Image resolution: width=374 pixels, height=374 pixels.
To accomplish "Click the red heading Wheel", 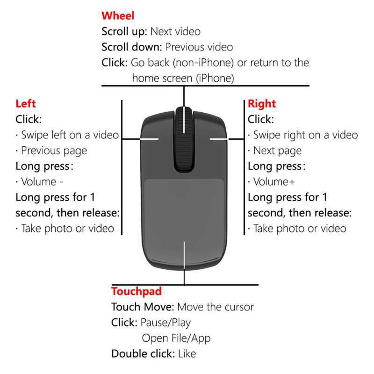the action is click(x=118, y=16).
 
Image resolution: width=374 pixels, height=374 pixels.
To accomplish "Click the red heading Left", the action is click(x=26, y=103).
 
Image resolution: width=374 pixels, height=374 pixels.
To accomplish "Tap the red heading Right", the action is click(x=262, y=104).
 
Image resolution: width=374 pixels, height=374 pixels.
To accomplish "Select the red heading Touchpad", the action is click(x=137, y=291).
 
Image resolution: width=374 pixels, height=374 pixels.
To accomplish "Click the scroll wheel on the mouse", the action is click(x=184, y=139).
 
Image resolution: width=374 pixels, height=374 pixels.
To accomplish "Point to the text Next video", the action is click(x=175, y=31).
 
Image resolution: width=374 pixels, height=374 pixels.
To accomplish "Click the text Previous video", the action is click(x=199, y=47).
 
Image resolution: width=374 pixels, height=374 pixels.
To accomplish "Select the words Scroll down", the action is click(x=132, y=47).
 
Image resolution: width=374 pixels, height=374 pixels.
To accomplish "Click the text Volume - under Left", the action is click(x=42, y=182).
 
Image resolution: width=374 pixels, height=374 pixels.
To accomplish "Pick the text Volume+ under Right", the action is click(x=274, y=182).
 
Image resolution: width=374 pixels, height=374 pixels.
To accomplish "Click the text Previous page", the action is click(x=54, y=151).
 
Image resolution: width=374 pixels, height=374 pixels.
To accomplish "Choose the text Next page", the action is click(x=277, y=151).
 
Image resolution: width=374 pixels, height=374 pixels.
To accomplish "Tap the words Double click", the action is click(x=143, y=353).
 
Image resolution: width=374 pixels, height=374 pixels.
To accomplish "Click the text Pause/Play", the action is click(x=165, y=323).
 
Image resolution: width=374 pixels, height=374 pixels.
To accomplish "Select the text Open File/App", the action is click(x=176, y=338).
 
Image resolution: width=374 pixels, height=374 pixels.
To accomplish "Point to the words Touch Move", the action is click(x=143, y=307).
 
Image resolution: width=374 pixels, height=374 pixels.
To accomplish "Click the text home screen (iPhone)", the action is click(x=183, y=78).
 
